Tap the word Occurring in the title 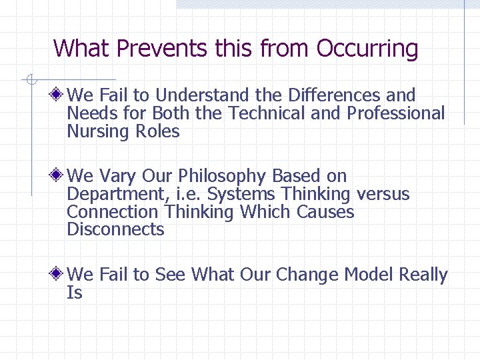[367, 49]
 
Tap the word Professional [395, 113]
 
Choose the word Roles [158, 131]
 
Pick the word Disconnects [115, 230]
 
